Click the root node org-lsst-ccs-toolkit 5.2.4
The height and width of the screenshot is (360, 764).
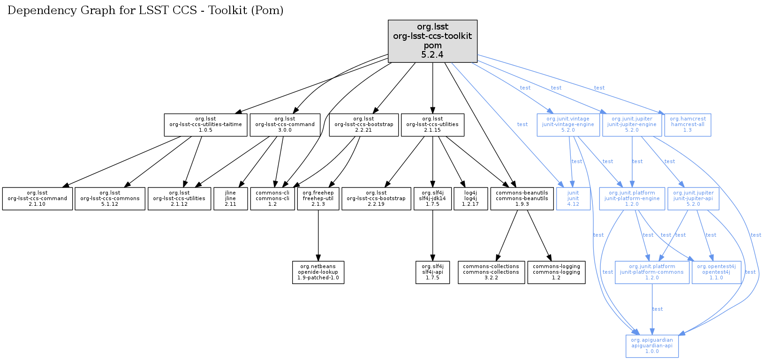pos(432,41)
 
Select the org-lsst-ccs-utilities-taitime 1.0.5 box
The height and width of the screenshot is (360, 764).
pos(205,125)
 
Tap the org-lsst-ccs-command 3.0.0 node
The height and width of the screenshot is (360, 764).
pos(285,125)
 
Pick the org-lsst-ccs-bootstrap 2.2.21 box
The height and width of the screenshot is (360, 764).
pos(363,125)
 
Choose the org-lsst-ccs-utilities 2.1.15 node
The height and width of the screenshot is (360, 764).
pos(432,125)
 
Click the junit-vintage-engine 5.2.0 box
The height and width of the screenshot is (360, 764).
pos(568,125)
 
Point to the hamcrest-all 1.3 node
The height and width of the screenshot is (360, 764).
pos(688,125)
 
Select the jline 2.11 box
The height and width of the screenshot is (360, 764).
pos(230,199)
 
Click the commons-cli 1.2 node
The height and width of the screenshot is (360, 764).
pos(272,199)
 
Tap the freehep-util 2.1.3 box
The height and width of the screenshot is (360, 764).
pos(318,199)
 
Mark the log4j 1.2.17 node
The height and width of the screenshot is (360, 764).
pos(470,199)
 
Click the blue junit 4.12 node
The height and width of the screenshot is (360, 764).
pos(573,199)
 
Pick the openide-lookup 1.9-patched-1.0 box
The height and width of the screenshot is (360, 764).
pos(318,272)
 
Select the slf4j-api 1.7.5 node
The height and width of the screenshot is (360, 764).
pos(432,272)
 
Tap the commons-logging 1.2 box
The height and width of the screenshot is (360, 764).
pos(556,272)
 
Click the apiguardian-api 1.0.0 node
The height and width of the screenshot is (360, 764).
pos(652,346)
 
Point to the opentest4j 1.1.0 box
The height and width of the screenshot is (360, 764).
pos(716,272)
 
